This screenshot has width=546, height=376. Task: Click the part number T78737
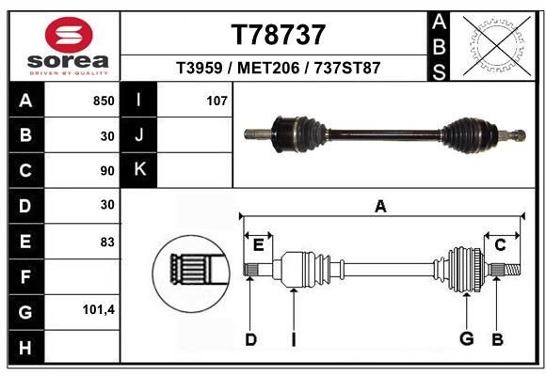pyautogui.click(x=279, y=35)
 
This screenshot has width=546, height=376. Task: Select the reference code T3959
pyautogui.click(x=200, y=69)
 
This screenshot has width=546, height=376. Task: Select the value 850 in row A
pyautogui.click(x=104, y=100)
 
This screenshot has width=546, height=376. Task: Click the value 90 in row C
pyautogui.click(x=106, y=171)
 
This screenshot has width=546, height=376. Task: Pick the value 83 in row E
pyautogui.click(x=106, y=242)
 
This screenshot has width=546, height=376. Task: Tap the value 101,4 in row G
pyautogui.click(x=99, y=309)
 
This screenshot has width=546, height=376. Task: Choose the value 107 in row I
pyautogui.click(x=217, y=100)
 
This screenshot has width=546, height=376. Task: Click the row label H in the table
pyautogui.click(x=24, y=347)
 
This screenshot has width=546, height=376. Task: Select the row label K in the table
pyautogui.click(x=139, y=169)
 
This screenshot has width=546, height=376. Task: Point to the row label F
pyautogui.click(x=24, y=276)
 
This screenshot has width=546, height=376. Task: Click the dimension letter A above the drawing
pyautogui.click(x=380, y=207)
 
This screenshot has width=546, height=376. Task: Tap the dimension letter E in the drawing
pyautogui.click(x=257, y=245)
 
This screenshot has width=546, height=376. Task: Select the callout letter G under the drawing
pyautogui.click(x=464, y=338)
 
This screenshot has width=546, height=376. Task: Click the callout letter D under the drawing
pyautogui.click(x=250, y=338)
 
